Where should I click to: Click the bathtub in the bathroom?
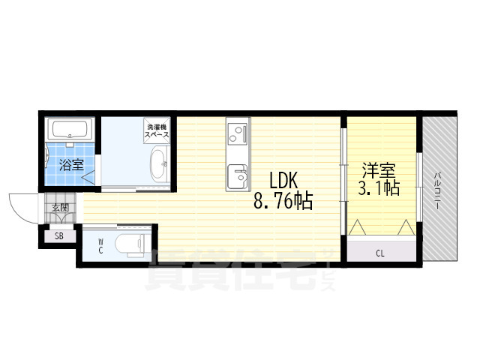pyautogui.click(x=70, y=130)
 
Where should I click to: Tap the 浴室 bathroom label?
pyautogui.click(x=72, y=165)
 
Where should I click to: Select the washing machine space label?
pyautogui.click(x=157, y=130)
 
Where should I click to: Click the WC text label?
pyautogui.click(x=100, y=247)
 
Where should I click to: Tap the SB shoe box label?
pyautogui.click(x=59, y=236)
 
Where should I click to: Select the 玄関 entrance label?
pyautogui.click(x=60, y=208)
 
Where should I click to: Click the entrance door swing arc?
pyautogui.click(x=17, y=212)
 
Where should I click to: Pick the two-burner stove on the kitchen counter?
pyautogui.click(x=238, y=133)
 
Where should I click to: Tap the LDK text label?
pyautogui.click(x=283, y=180)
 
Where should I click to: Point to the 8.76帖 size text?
pyautogui.click(x=283, y=201)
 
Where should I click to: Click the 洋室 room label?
pyautogui.click(x=379, y=170)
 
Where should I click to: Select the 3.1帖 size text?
pyautogui.click(x=379, y=187)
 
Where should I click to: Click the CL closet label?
pyautogui.click(x=380, y=253)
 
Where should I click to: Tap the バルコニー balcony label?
pyautogui.click(x=438, y=191)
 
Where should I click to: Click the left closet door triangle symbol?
pyautogui.click(x=357, y=227)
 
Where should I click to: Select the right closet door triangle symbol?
pyautogui.click(x=406, y=227)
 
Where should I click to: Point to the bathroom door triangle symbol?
pyautogui.click(x=88, y=178)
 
